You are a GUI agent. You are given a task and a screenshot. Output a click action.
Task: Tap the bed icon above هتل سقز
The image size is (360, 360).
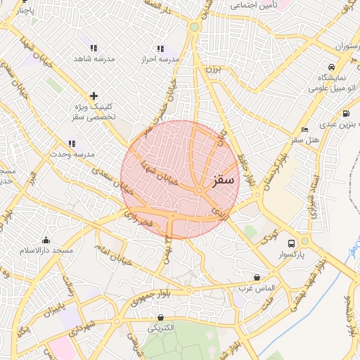[304, 130]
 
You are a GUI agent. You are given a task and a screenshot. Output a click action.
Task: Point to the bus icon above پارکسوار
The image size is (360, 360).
[291, 243]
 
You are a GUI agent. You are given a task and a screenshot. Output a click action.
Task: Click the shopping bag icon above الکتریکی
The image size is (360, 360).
[161, 317]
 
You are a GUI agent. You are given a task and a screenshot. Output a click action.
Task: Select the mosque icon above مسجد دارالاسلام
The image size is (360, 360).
[46, 240]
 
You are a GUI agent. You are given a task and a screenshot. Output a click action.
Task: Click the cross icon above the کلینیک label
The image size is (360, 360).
[94, 96]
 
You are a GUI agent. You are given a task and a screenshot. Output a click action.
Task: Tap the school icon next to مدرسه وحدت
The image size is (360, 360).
[72, 143]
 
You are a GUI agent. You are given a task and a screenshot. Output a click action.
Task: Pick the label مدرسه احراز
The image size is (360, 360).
[160, 59]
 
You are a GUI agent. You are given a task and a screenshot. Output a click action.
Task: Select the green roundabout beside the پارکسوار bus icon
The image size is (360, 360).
[304, 241]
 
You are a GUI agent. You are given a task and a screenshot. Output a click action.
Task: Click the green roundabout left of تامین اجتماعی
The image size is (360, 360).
[194, 27]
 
